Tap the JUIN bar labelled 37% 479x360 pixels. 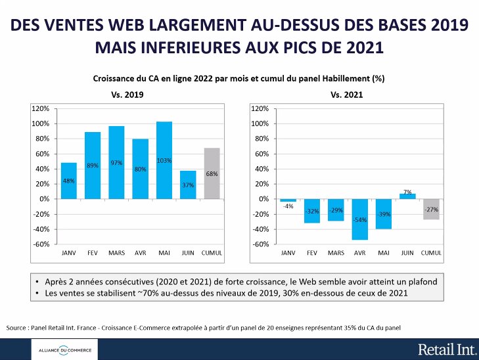188,185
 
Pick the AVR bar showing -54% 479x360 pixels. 359,219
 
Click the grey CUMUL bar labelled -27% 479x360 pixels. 430,208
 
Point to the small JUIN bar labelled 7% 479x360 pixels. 407,196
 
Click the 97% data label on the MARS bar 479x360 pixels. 116,163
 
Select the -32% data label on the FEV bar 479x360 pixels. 312,212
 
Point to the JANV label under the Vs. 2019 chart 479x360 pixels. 68,252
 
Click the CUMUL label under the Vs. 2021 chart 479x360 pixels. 430,252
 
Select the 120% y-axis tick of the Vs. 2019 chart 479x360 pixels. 41,108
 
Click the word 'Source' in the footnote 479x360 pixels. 18,326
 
